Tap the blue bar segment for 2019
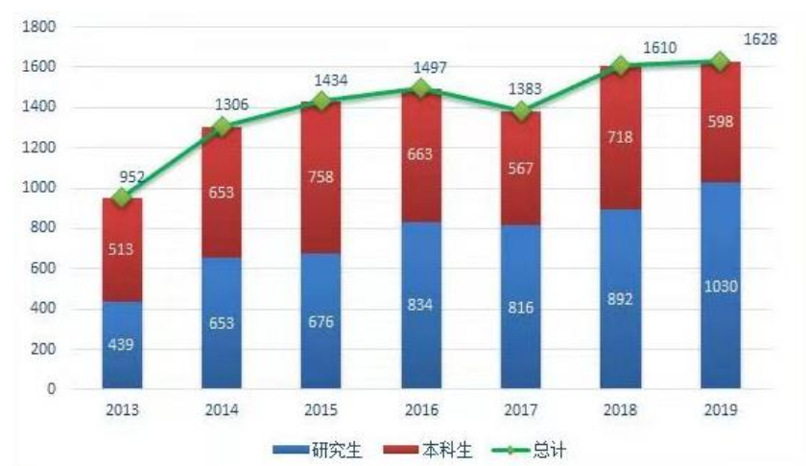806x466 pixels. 720,285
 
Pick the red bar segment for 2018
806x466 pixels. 620,137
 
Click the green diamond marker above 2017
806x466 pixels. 521,111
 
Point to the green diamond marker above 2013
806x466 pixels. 122,198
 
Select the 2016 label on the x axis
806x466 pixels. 421,410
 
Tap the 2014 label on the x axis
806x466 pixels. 222,410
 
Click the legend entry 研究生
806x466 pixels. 317,448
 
